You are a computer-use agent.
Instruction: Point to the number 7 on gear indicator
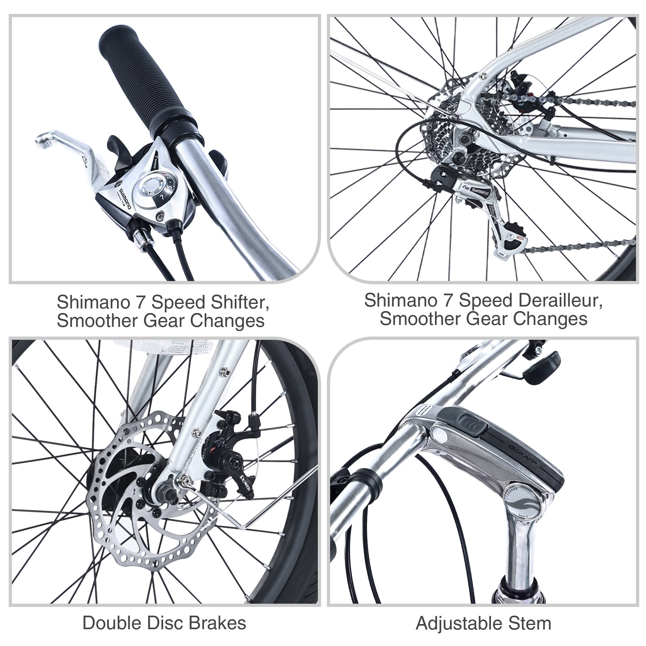[x=162, y=197]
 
